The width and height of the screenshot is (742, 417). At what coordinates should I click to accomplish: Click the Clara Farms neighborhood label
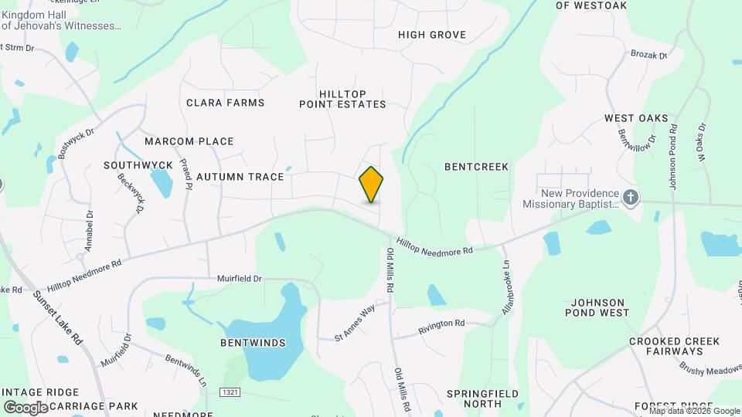point(226,103)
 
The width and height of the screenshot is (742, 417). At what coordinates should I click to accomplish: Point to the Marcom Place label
point(189,141)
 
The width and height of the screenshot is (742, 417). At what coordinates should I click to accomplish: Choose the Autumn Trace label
point(240,177)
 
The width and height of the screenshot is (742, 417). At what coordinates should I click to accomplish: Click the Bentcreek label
point(477,167)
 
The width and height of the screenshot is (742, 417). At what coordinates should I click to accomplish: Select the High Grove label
point(432,35)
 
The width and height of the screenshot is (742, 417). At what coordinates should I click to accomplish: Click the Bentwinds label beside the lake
point(253,343)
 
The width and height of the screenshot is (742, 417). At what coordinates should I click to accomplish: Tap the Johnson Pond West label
point(600,307)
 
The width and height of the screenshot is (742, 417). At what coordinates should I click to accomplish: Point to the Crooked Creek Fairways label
point(674,347)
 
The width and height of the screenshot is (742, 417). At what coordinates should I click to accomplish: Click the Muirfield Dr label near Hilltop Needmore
point(237,278)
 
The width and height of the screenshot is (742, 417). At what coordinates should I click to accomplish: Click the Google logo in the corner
point(26,407)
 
